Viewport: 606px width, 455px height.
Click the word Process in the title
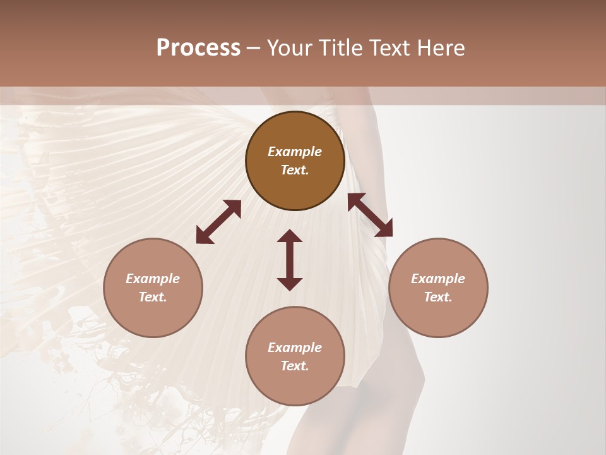[198, 48]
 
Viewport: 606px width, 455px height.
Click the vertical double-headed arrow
[290, 260]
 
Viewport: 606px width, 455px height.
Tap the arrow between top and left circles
[218, 222]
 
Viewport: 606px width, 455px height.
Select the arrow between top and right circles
[370, 215]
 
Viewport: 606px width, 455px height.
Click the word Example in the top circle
[295, 152]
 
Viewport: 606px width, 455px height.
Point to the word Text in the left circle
[153, 297]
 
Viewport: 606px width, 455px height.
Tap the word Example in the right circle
[438, 279]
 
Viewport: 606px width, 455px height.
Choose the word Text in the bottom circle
[295, 366]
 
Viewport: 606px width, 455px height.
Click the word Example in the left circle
[153, 279]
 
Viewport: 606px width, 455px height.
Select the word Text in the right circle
[438, 297]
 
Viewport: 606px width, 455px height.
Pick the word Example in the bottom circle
[295, 348]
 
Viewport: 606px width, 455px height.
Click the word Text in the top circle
[295, 170]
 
